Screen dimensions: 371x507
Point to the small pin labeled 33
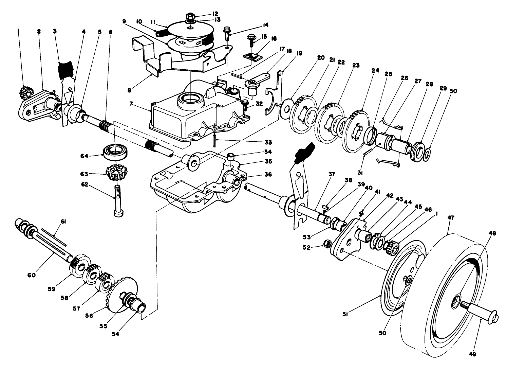point(215,140)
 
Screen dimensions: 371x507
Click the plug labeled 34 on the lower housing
point(231,156)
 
